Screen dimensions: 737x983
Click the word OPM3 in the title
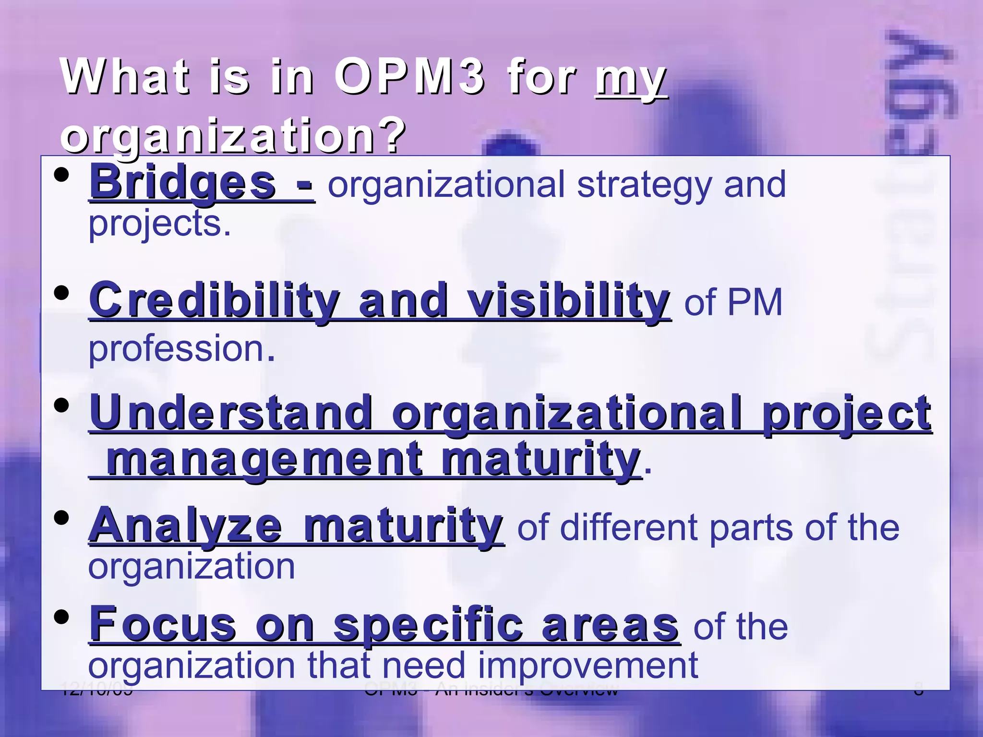[x=409, y=77]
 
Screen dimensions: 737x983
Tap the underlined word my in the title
[x=631, y=79]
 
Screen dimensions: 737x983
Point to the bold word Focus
[x=163, y=625]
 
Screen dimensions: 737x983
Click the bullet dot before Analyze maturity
[x=61, y=518]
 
